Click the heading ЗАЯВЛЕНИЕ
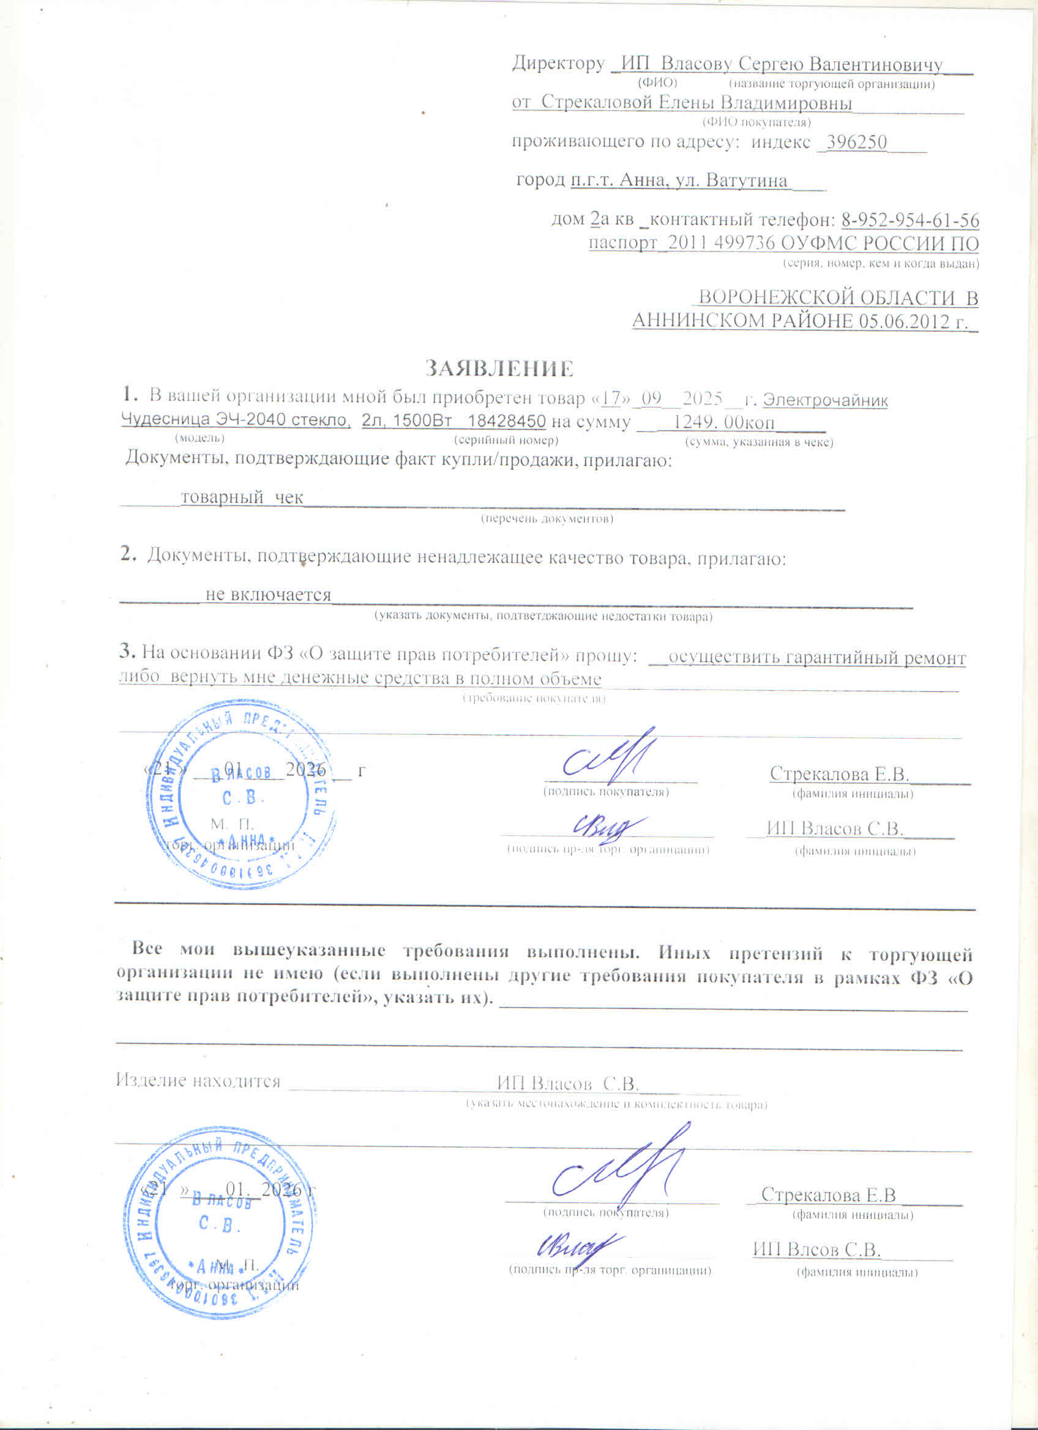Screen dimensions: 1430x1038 [x=499, y=368]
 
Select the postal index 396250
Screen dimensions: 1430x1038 [x=856, y=143]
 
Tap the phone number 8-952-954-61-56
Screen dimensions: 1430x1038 [x=910, y=220]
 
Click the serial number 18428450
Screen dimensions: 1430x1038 [x=506, y=421]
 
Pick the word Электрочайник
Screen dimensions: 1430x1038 [x=825, y=400]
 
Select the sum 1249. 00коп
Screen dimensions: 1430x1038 [x=723, y=422]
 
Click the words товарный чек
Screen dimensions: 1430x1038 [x=242, y=497]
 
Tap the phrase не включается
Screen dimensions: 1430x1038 [x=268, y=595]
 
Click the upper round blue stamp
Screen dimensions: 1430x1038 [x=241, y=794]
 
